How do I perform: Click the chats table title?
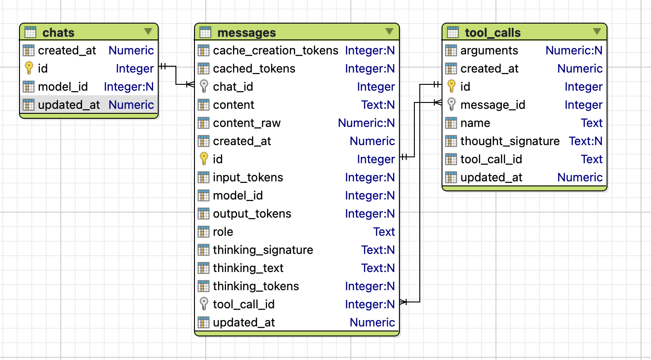(58, 33)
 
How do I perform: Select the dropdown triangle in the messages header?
(389, 31)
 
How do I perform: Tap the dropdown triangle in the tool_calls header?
(597, 31)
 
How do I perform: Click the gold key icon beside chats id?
(29, 68)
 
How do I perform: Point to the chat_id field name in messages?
(233, 87)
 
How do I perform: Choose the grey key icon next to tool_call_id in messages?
(204, 304)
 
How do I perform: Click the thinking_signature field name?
(263, 250)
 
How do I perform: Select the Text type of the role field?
(384, 232)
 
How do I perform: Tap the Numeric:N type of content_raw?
(366, 123)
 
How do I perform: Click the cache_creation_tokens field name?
(276, 50)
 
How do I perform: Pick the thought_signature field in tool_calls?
(510, 141)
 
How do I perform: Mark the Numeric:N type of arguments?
(574, 50)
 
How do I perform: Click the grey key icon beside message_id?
(451, 105)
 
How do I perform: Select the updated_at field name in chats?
(69, 105)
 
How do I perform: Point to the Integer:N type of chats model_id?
(129, 87)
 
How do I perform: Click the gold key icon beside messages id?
(204, 159)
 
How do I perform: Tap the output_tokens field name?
(252, 214)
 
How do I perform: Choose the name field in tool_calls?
(475, 123)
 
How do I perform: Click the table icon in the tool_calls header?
(452, 33)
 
